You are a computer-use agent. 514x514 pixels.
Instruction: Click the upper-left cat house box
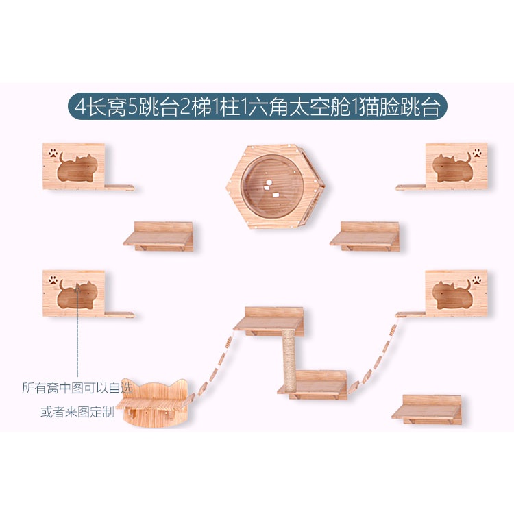74,166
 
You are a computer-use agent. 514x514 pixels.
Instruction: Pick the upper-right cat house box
456,166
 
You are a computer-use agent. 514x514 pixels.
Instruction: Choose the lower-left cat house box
74,293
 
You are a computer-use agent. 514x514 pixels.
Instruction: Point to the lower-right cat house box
456,293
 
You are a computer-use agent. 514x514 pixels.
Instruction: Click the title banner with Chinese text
257,108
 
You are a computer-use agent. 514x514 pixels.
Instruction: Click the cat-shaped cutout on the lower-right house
452,295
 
